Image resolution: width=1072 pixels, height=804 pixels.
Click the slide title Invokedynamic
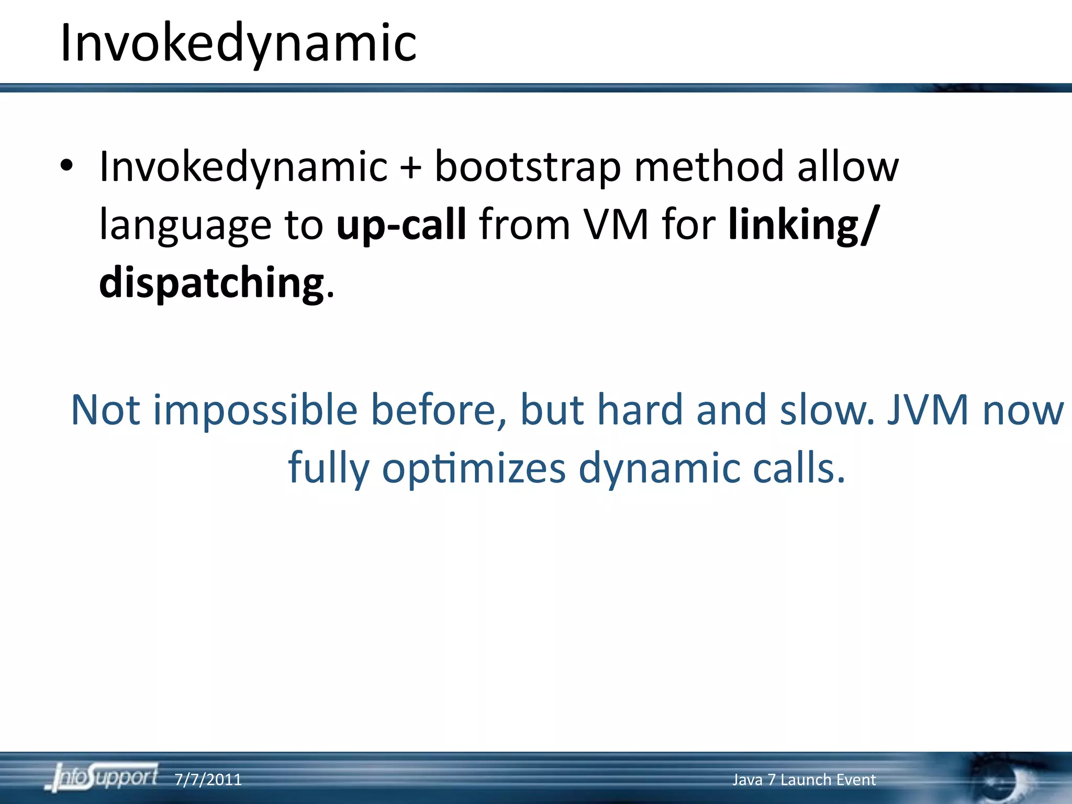click(238, 43)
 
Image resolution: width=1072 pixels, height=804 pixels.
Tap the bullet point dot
click(66, 166)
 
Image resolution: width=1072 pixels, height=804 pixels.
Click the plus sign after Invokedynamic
click(411, 167)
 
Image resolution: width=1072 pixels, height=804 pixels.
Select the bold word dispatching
click(211, 283)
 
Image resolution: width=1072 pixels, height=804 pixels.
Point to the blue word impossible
click(255, 410)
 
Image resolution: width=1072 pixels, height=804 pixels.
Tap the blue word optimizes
click(474, 468)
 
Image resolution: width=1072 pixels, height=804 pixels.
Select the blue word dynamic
click(659, 468)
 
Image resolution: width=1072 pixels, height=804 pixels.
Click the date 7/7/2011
click(208, 780)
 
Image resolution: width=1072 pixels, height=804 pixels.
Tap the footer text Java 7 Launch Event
click(803, 780)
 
